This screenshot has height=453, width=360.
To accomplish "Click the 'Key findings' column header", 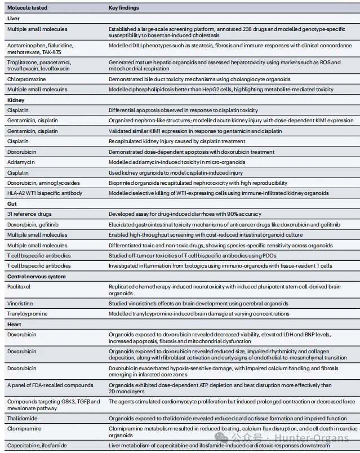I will (x=124, y=8).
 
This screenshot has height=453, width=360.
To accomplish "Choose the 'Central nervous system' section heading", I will (x=36, y=276).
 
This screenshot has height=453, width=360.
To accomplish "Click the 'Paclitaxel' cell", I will (x=20, y=287).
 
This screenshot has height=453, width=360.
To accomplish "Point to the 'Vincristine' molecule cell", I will (x=21, y=303).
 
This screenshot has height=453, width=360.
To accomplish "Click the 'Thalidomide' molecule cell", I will (x=23, y=419).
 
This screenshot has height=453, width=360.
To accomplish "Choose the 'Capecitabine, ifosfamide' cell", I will (x=37, y=445).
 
